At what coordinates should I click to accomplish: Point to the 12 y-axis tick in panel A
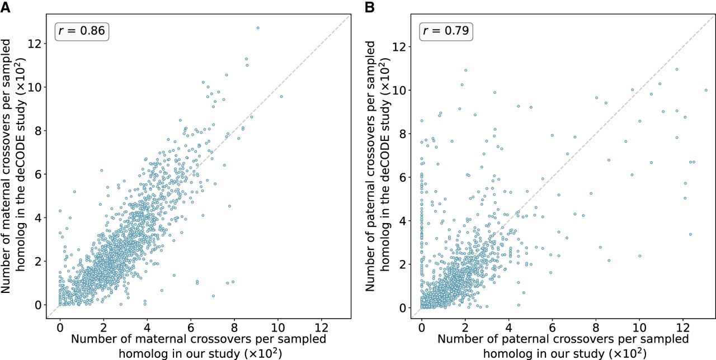pyautogui.click(x=37, y=44)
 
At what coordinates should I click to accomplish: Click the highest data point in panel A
pyautogui.click(x=258, y=27)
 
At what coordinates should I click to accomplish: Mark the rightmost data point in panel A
pyautogui.click(x=281, y=96)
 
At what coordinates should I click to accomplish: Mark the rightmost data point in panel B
pyautogui.click(x=706, y=90)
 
